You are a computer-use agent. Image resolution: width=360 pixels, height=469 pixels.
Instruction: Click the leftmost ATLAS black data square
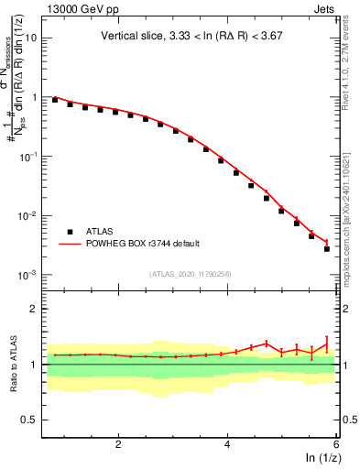click(55, 100)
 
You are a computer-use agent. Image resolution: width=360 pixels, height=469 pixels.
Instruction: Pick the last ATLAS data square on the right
click(327, 248)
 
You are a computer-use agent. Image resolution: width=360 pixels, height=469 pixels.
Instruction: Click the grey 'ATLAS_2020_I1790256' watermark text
click(191, 272)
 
